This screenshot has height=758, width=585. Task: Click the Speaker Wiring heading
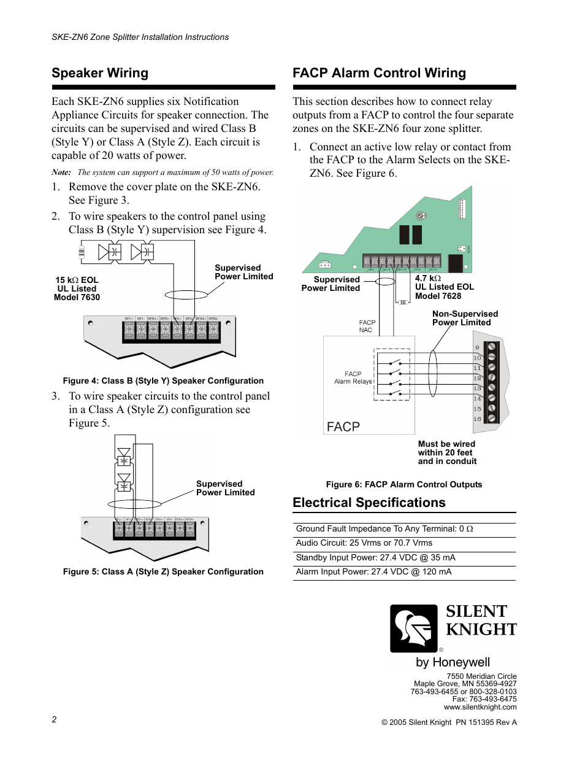100,73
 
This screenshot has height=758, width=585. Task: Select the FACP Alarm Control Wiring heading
379,73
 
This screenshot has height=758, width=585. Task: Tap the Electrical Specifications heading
369,503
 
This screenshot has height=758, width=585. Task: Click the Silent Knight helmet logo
414,628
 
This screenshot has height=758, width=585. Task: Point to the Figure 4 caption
163,381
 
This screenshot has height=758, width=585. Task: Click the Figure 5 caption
163,571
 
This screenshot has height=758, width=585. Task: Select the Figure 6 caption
403,484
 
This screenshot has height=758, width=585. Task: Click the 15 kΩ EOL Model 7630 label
77,288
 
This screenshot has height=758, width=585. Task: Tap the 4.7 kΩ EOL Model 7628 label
444,287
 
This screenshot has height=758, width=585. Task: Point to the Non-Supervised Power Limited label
465,318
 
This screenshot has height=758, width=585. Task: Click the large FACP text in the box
343,427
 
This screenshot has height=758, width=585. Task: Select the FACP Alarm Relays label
353,377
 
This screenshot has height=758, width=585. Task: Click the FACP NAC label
367,326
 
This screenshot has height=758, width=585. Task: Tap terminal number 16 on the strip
477,419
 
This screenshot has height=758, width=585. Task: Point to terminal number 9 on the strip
477,347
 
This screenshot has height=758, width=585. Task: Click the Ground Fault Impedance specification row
384,528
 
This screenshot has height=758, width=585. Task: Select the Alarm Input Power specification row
373,571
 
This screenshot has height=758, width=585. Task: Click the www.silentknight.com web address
480,707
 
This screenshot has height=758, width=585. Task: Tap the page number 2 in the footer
54,719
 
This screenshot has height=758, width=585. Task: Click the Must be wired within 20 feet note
447,452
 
